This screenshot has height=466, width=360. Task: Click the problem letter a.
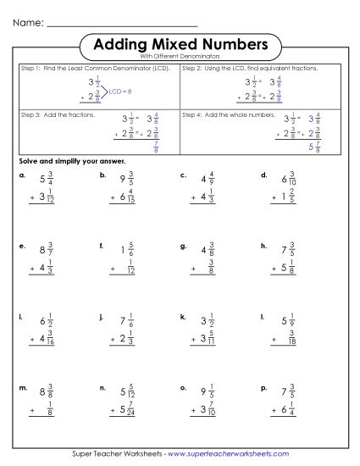(x=21, y=176)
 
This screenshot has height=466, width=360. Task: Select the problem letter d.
(x=264, y=176)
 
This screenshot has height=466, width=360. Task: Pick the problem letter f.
(x=102, y=247)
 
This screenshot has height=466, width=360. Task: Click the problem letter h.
(x=264, y=247)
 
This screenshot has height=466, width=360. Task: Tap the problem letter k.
(x=183, y=316)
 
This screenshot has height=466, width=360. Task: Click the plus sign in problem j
(x=112, y=339)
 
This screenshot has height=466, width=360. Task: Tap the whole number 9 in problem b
(x=123, y=180)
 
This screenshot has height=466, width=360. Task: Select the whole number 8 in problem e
(x=42, y=250)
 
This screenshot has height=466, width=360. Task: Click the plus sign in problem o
(x=193, y=409)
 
